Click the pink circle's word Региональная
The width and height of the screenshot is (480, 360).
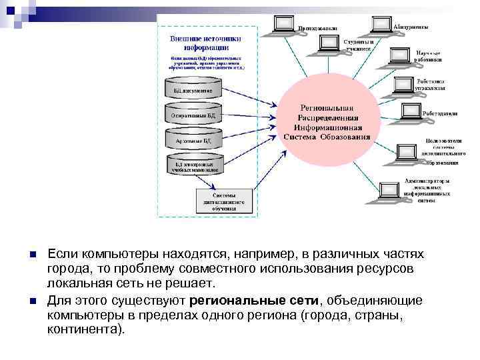click(327, 107)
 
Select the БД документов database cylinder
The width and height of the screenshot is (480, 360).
click(194, 89)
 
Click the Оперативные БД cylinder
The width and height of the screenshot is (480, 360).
click(194, 115)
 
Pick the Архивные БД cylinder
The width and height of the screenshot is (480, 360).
click(194, 141)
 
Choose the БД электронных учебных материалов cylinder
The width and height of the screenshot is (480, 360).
click(194, 167)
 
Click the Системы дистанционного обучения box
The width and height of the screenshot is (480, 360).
click(224, 201)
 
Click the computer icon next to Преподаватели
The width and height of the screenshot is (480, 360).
click(284, 25)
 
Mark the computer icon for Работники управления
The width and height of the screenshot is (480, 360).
click(404, 85)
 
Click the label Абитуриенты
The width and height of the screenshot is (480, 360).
click(411, 27)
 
